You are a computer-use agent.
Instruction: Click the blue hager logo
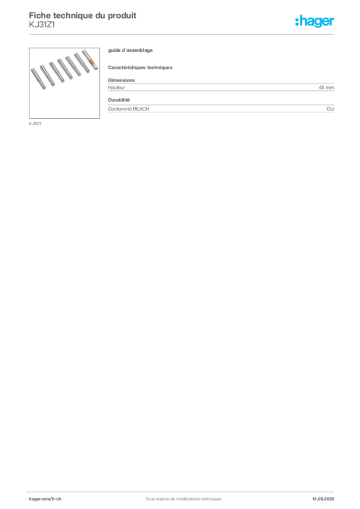pyautogui.click(x=315, y=22)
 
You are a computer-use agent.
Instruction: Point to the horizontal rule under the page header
pyautogui.click(x=182, y=34)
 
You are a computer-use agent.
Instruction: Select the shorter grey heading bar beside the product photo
pyautogui.click(x=132, y=51)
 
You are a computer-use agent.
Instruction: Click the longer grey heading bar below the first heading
pyautogui.click(x=141, y=67)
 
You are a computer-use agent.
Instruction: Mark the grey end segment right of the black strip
pyautogui.click(x=332, y=108)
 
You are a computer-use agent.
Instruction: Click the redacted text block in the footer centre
pyautogui.click(x=179, y=496)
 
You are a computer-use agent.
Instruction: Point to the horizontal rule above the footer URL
pyautogui.click(x=182, y=491)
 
